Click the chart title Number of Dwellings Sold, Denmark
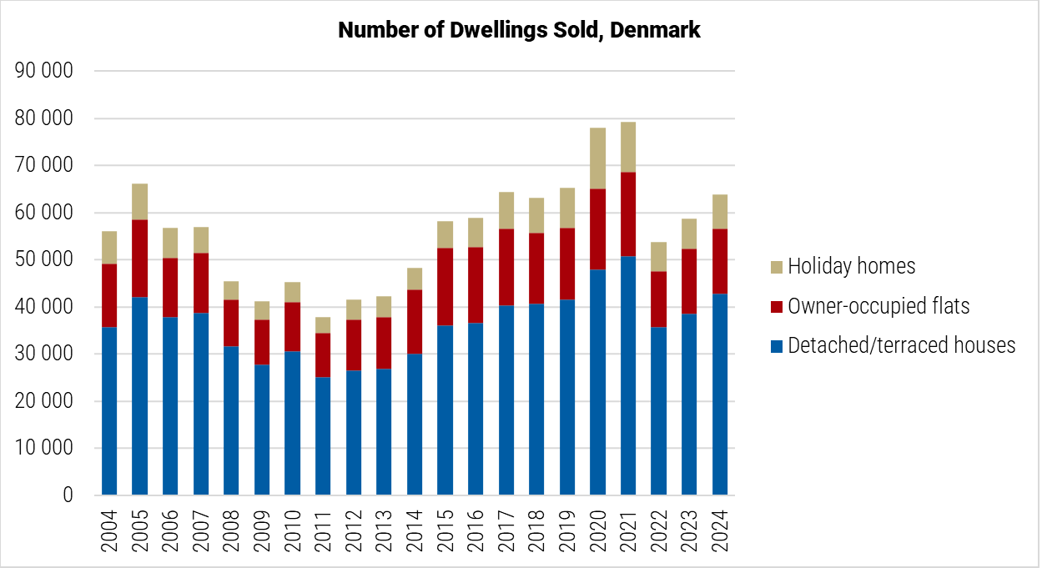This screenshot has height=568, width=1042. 519,31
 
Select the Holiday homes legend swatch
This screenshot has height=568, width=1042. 776,267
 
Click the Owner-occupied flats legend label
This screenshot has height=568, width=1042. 878,306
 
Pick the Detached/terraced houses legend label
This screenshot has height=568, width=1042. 901,345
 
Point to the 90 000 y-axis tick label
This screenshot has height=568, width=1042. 44,72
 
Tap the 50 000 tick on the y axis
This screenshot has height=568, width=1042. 44,260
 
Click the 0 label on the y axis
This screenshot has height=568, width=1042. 67,495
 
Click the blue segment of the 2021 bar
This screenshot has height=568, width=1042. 628,375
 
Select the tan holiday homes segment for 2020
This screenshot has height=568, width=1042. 597,158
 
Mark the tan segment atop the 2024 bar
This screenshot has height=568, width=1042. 719,212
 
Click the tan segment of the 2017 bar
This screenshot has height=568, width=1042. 506,210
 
